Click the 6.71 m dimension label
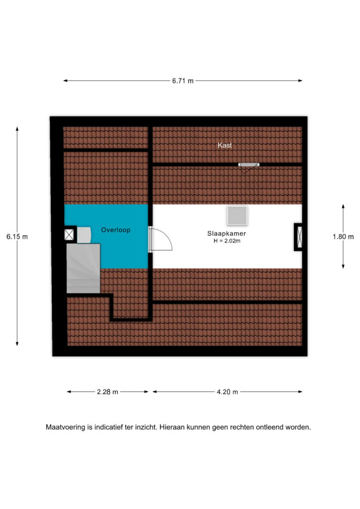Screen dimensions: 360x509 183,81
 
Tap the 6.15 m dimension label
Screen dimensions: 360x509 17,237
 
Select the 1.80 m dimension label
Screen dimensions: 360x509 343,237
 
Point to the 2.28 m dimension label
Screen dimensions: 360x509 107,392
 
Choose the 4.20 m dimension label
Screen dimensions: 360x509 227,392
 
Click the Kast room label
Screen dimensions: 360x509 225,145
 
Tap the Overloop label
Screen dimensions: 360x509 115,230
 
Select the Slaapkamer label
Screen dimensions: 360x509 227,234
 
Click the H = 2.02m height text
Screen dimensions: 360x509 227,241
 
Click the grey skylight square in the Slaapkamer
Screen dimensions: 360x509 237,216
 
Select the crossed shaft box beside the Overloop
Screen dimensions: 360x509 69,235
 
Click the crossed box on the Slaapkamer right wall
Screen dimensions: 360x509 299,237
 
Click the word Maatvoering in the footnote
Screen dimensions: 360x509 66,427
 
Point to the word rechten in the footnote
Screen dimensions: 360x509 242,427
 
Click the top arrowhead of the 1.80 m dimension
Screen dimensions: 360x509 343,206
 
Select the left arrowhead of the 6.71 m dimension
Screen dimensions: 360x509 65,81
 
